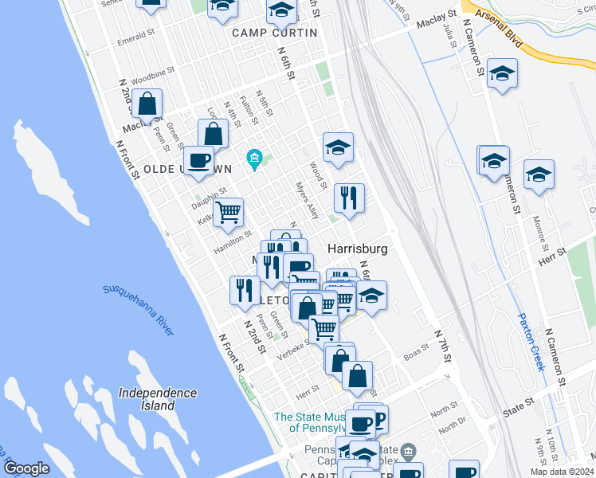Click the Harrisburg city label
pyautogui.click(x=358, y=249)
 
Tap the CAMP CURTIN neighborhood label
pyautogui.click(x=274, y=33)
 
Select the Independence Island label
pyautogui.click(x=157, y=399)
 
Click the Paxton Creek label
pyautogui.click(x=530, y=340)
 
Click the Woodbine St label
pyautogui.click(x=152, y=76)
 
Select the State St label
pyautogui.click(x=519, y=408)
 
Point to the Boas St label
pyautogui.click(x=417, y=353)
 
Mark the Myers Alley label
pyautogui.click(x=307, y=201)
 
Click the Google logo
pyautogui.click(x=26, y=468)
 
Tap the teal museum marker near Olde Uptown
pyautogui.click(x=254, y=160)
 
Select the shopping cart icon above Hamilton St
pyautogui.click(x=229, y=212)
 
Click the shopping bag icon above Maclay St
pyautogui.click(x=147, y=103)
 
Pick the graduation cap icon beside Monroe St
pyautogui.click(x=539, y=174)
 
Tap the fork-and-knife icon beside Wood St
pyautogui.click(x=349, y=198)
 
